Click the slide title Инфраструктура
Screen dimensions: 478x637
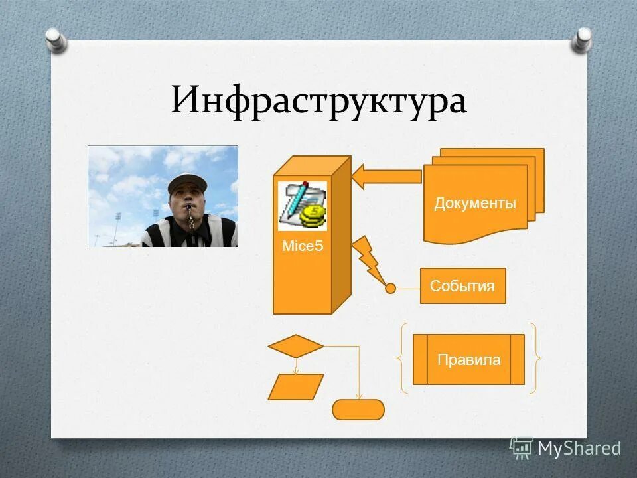pyautogui.click(x=318, y=102)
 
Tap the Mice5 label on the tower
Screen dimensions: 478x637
pyautogui.click(x=303, y=247)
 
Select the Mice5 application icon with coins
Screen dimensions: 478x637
pyautogui.click(x=303, y=206)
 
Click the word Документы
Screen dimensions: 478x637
pyautogui.click(x=475, y=204)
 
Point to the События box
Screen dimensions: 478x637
pyautogui.click(x=462, y=286)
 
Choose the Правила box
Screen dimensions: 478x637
pyautogui.click(x=468, y=360)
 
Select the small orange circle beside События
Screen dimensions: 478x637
pyautogui.click(x=391, y=288)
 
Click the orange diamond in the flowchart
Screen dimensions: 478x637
pyautogui.click(x=296, y=346)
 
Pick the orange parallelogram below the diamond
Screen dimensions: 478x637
pyautogui.click(x=296, y=387)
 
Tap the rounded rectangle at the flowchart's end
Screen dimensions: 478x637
pyautogui.click(x=358, y=410)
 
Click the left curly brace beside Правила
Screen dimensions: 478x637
pyautogui.click(x=402, y=359)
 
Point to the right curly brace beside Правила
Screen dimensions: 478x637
pyautogui.click(x=535, y=359)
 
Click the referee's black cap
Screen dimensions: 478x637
pyautogui.click(x=188, y=183)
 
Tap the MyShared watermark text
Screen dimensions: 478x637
pyautogui.click(x=579, y=449)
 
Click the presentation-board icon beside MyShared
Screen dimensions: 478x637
pyautogui.click(x=522, y=449)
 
